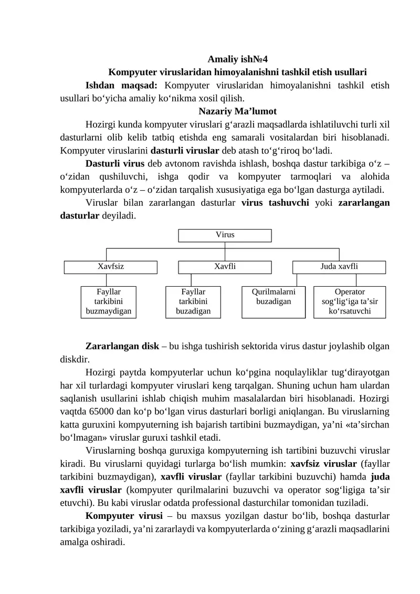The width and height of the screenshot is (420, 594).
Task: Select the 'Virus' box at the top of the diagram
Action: point(225,235)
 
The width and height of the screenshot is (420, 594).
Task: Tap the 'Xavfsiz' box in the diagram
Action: point(111,267)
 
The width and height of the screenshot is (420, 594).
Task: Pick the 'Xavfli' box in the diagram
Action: point(225,267)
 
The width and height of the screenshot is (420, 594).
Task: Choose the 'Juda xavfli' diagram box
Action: point(339,267)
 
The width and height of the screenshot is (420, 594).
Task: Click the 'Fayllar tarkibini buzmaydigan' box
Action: point(108,301)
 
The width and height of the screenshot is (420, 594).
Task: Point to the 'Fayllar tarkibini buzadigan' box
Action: point(193,301)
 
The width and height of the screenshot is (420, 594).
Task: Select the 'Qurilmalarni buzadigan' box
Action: point(273,301)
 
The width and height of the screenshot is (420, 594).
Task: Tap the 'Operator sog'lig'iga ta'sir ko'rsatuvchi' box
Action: point(350,301)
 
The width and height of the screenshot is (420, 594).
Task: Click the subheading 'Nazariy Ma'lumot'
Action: point(238,111)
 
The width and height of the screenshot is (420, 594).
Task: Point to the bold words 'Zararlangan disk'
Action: point(122,347)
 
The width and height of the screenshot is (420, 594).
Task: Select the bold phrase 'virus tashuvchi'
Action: point(275,203)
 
